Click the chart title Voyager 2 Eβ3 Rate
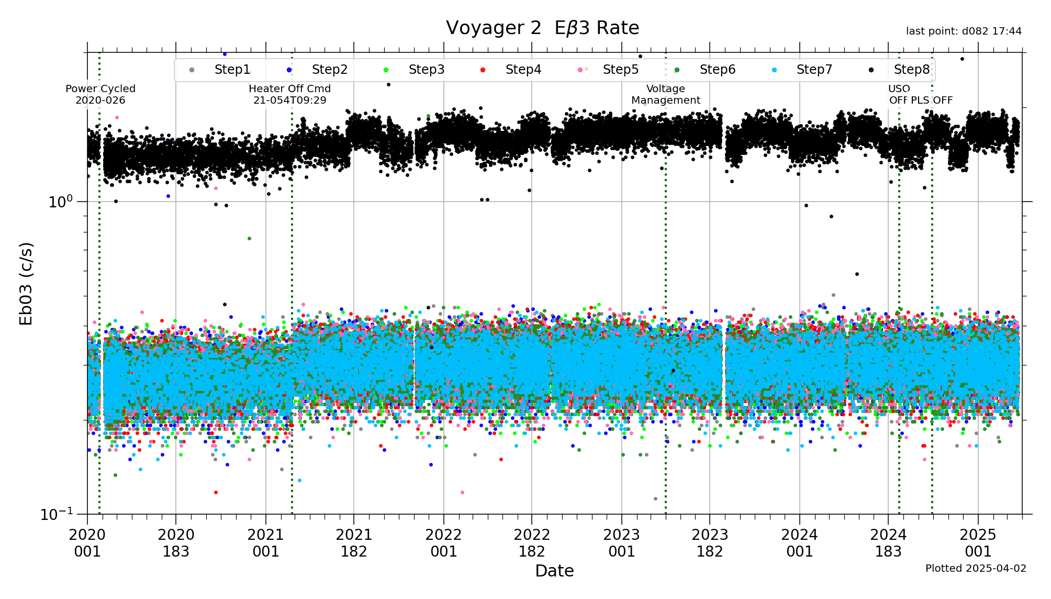click(542, 28)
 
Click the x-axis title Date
click(554, 571)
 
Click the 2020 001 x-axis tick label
click(87, 543)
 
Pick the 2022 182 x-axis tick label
click(532, 543)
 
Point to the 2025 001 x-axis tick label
click(978, 543)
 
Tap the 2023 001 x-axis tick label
click(622, 543)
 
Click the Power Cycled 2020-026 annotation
click(100, 94)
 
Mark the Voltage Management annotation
click(665, 94)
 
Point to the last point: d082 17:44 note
click(964, 31)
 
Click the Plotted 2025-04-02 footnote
click(976, 568)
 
